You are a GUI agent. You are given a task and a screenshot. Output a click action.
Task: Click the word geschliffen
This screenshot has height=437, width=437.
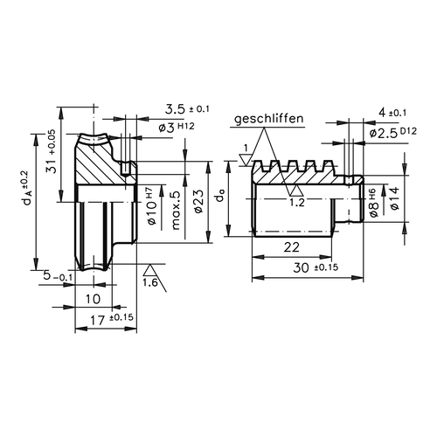tap(269, 119)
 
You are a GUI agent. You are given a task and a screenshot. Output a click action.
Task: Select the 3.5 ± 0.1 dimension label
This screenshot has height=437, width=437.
tap(187, 109)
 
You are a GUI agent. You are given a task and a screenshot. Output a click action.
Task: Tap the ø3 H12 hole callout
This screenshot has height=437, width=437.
tap(177, 128)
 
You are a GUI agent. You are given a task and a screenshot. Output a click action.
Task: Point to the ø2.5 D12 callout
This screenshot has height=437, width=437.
tap(393, 133)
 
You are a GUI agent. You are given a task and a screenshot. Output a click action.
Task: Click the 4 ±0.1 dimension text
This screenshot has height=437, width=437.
tap(392, 113)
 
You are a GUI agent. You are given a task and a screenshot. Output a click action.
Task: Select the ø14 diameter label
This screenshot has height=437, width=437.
tap(395, 198)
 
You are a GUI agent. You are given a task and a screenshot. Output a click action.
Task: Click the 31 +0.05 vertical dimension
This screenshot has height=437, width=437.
tap(52, 151)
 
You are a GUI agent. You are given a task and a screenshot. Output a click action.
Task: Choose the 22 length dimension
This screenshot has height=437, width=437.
tap(292, 247)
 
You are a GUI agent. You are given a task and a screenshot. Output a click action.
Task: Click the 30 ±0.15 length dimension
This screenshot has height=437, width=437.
tap(316, 267)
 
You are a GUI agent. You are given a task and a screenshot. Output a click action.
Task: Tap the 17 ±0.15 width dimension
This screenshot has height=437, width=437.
tap(112, 320)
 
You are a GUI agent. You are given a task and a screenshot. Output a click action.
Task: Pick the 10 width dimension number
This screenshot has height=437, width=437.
tap(94, 299)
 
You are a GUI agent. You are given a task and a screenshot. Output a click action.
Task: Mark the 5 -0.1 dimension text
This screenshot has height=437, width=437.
tap(58, 275)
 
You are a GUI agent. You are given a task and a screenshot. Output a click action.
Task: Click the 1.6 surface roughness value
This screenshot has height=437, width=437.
tap(150, 282)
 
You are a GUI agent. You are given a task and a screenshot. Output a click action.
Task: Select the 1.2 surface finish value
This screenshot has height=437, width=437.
tap(297, 202)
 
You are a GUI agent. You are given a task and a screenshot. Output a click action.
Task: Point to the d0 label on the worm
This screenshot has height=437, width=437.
tap(220, 198)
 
